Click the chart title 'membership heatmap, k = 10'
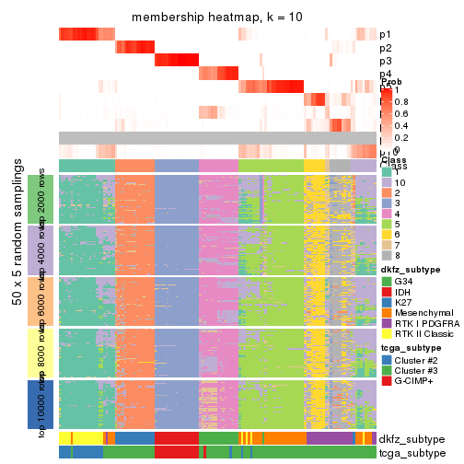(x=216, y=17)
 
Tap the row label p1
(x=386, y=35)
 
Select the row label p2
(x=386, y=48)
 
